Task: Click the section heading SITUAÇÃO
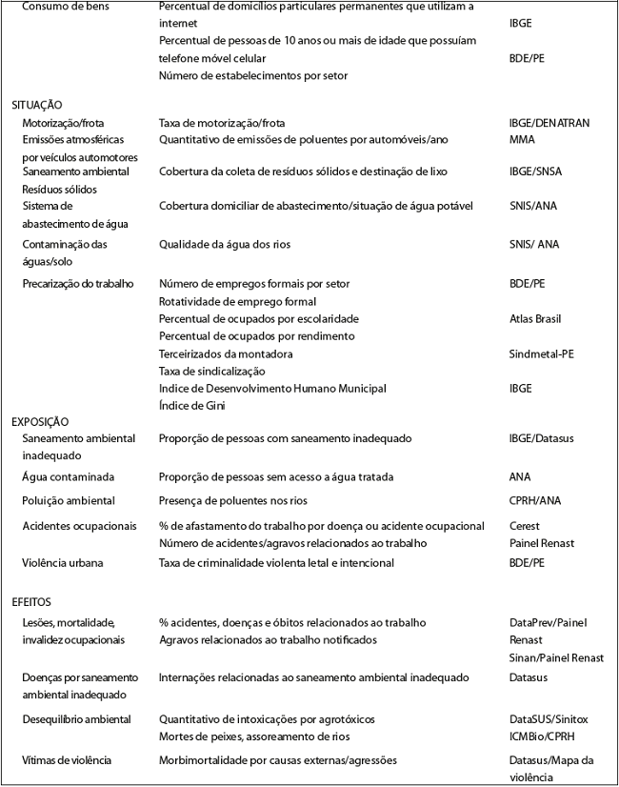(37, 105)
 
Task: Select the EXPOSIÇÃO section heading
(40, 421)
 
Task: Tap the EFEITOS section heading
(31, 601)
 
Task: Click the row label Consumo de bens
(65, 7)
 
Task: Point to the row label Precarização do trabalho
(78, 283)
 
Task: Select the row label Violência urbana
(63, 562)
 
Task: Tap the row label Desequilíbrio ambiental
(76, 718)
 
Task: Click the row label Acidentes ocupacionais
(79, 526)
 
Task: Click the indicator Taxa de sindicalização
(211, 371)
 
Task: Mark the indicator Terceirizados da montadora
(226, 353)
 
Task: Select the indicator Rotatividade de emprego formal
(236, 301)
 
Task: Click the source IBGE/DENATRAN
(549, 123)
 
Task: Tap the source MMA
(522, 139)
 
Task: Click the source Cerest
(525, 526)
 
